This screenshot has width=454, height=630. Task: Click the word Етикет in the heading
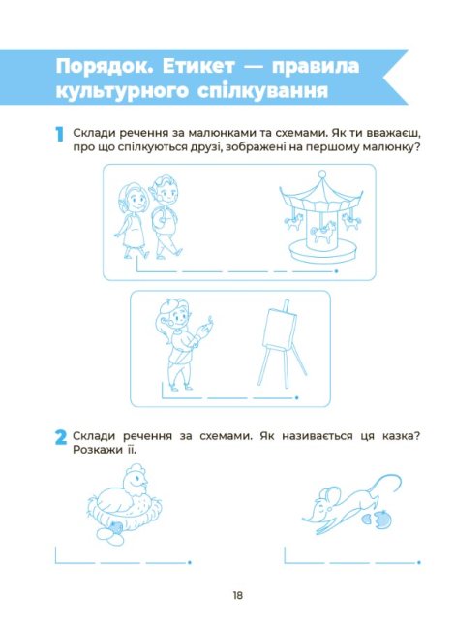(x=198, y=66)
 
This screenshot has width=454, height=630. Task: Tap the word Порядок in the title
(x=106, y=67)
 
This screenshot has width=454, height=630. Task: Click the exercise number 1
(x=59, y=134)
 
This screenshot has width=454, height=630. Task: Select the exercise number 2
(x=61, y=437)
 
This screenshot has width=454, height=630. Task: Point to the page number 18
(x=237, y=595)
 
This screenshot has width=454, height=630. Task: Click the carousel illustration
(x=321, y=216)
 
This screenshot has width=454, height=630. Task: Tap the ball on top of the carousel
(x=322, y=173)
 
